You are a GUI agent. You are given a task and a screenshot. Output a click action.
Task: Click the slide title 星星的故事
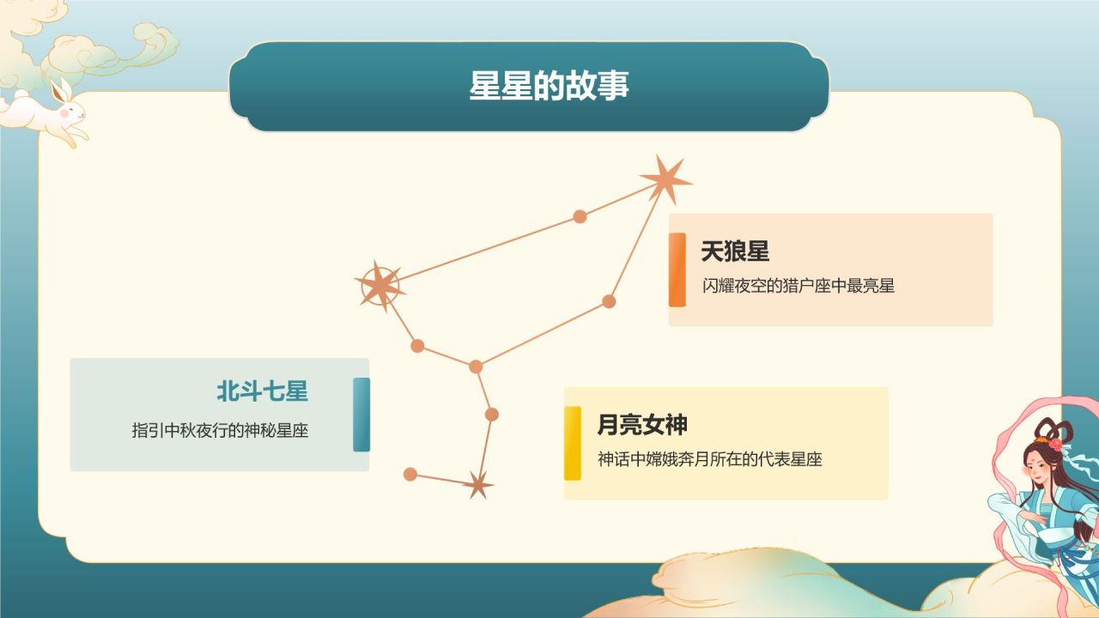pyautogui.click(x=549, y=86)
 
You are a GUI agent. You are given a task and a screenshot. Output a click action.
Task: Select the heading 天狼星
pyautogui.click(x=735, y=251)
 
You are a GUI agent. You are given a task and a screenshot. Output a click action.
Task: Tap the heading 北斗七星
pyautogui.click(x=262, y=392)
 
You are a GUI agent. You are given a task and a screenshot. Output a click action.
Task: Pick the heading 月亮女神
pyautogui.click(x=642, y=425)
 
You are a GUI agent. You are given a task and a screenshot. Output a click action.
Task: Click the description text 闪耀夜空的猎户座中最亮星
pyautogui.click(x=798, y=287)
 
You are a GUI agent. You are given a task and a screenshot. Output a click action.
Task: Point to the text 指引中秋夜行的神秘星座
pyautogui.click(x=220, y=431)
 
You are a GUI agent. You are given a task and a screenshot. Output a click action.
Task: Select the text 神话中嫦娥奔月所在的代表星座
pyautogui.click(x=710, y=459)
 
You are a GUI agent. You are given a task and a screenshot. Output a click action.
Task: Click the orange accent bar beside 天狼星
pyautogui.click(x=677, y=270)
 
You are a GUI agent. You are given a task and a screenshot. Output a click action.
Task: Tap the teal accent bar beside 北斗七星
pyautogui.click(x=361, y=415)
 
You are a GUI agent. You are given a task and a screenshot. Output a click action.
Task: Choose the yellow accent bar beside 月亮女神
pyautogui.click(x=572, y=443)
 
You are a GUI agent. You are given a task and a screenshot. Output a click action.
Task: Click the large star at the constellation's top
pyautogui.click(x=665, y=179)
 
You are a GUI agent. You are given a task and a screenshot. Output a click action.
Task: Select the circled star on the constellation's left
pyautogui.click(x=379, y=285)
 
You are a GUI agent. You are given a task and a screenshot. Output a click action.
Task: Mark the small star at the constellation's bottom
pyautogui.click(x=478, y=485)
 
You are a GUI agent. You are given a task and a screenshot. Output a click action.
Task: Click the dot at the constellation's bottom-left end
pyautogui.click(x=410, y=474)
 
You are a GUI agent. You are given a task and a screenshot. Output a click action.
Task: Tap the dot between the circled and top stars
pyautogui.click(x=580, y=216)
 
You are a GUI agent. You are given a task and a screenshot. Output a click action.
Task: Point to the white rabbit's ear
pyautogui.click(x=60, y=90)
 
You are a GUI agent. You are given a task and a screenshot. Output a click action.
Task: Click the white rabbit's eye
pyautogui.click(x=74, y=108)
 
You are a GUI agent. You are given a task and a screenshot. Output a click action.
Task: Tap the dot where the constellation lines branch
pyautogui.click(x=476, y=367)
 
